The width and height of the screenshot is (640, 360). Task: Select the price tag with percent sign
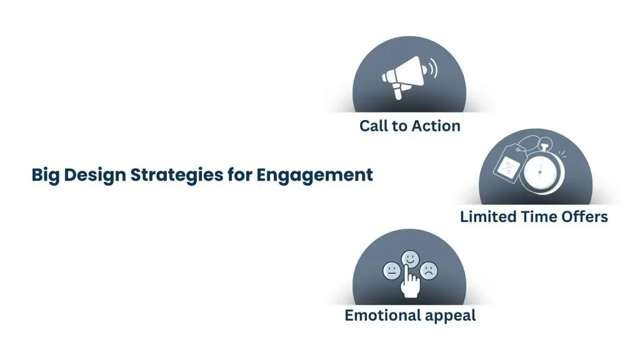click(507, 162)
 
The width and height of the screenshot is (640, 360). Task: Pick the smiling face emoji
click(410, 258)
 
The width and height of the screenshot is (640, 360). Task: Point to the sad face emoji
click(429, 271)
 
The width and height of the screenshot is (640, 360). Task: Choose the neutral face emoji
click(392, 271)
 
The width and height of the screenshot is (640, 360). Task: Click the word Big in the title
click(45, 175)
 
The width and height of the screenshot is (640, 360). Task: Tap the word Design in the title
click(95, 175)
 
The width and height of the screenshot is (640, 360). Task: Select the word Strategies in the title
click(177, 175)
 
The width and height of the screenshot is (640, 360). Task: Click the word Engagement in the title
click(314, 175)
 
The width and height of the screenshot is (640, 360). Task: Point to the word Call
click(374, 126)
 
